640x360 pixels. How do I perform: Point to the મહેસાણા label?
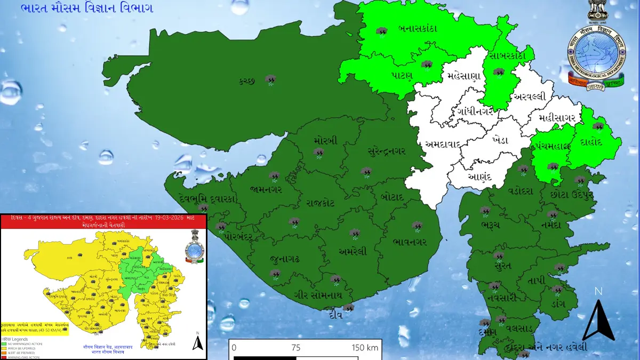coord(464,75)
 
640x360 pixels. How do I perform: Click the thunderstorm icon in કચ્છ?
coord(271,81)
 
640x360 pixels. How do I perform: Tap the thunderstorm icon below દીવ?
coord(349,308)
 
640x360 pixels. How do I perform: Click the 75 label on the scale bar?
coord(296,348)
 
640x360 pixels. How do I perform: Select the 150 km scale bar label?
coord(365,348)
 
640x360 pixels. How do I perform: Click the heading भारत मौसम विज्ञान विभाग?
coord(87,9)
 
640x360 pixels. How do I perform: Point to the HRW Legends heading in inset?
coord(17,339)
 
